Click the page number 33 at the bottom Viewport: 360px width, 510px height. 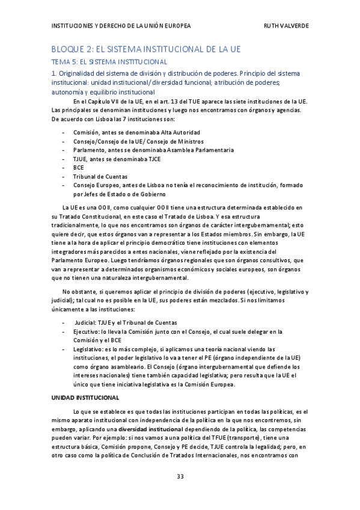[x=180, y=476]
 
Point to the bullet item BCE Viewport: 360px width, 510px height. [x=79, y=167]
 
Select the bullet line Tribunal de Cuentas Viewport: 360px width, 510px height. [x=100, y=176]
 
